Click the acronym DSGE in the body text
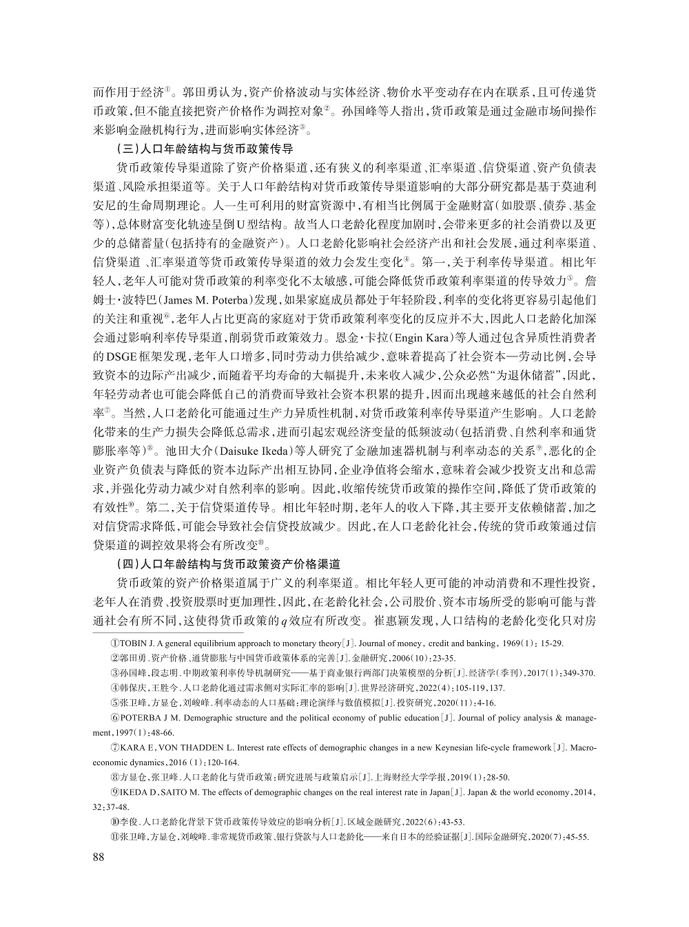[x=114, y=357]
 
